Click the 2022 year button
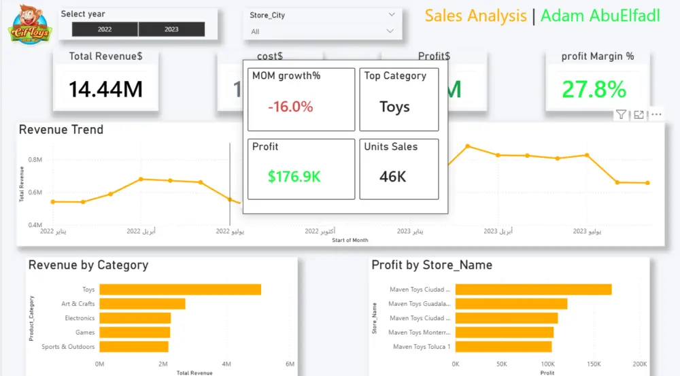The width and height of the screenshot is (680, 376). (x=105, y=29)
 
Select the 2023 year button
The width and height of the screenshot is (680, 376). (x=171, y=29)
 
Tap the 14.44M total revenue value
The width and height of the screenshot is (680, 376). (x=105, y=89)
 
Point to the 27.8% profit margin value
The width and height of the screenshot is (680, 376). (x=594, y=89)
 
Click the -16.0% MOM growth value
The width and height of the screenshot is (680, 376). (x=290, y=107)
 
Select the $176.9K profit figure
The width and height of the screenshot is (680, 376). (x=294, y=177)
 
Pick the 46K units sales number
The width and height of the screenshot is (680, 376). (x=392, y=177)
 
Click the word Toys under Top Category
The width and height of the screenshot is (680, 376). (x=394, y=107)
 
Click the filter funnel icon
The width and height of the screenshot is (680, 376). (x=621, y=115)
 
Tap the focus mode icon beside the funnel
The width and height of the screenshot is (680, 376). (x=639, y=115)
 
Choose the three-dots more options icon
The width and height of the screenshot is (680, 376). (x=656, y=115)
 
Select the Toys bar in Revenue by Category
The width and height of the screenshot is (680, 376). (x=180, y=290)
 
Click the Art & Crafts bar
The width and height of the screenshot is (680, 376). (x=142, y=304)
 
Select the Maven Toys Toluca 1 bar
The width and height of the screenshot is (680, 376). (x=503, y=347)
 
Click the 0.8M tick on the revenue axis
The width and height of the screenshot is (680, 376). (x=35, y=160)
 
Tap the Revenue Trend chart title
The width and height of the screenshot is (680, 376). (x=61, y=130)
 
